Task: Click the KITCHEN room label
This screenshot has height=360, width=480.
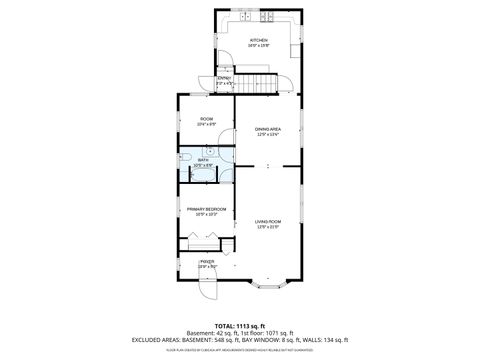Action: (x=259, y=40)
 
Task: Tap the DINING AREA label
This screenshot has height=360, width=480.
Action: (x=267, y=129)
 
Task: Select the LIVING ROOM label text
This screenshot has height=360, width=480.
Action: (x=267, y=222)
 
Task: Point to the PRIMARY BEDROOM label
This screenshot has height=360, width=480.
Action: (x=206, y=208)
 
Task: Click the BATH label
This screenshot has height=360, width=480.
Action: (x=203, y=160)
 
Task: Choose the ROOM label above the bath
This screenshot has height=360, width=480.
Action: (x=207, y=118)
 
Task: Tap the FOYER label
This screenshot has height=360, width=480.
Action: (x=207, y=262)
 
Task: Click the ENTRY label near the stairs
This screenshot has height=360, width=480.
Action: (x=225, y=78)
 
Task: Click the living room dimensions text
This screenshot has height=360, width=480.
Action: (x=267, y=228)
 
